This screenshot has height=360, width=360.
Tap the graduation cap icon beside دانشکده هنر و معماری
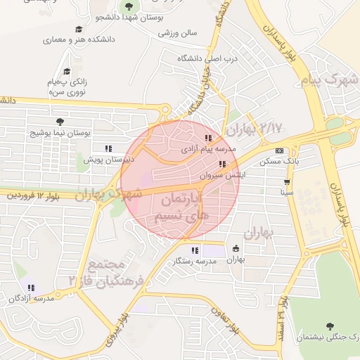(x=79, y=30)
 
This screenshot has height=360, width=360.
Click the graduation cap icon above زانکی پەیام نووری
(x=67, y=71)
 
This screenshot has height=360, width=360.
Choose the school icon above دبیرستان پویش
(x=108, y=149)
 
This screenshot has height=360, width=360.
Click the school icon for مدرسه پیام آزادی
(x=207, y=139)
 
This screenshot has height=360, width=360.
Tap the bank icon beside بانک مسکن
(x=280, y=150)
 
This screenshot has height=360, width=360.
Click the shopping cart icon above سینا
(x=287, y=181)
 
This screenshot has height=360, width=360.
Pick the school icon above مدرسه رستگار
(x=195, y=250)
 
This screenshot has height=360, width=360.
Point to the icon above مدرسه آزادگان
(x=31, y=287)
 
